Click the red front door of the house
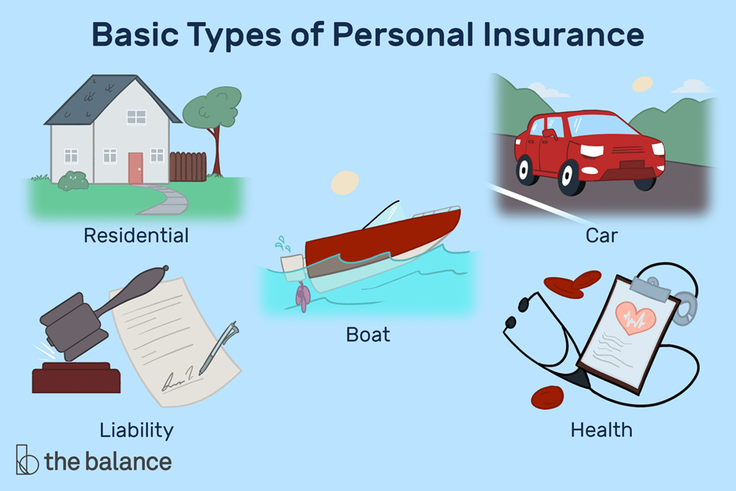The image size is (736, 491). [x=135, y=168]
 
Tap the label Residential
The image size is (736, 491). [x=138, y=235]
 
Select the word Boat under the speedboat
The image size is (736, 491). [x=367, y=335]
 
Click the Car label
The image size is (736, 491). [x=601, y=235]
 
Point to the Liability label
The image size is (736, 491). [x=136, y=429]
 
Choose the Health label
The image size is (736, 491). [x=601, y=429]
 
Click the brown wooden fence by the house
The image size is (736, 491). [x=187, y=166]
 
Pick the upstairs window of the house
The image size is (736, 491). [x=136, y=117]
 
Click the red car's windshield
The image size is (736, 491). [x=600, y=123]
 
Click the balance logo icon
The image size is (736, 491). [x=27, y=460]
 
